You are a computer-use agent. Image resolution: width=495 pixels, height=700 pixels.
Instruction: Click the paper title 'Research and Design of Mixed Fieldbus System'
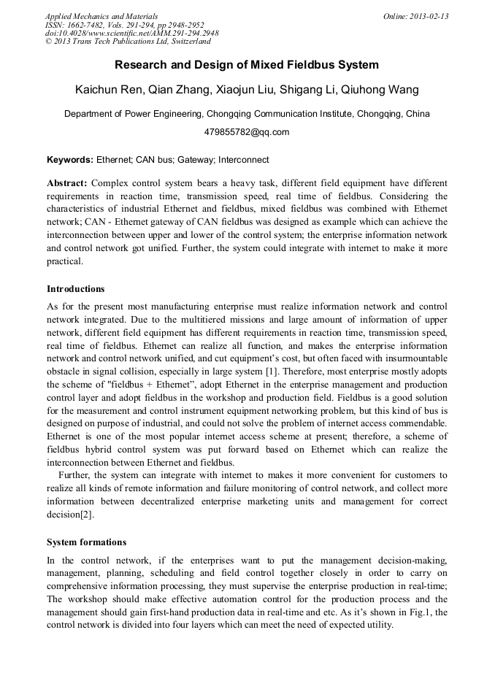247,65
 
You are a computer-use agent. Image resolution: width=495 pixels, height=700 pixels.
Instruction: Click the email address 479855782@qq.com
247,132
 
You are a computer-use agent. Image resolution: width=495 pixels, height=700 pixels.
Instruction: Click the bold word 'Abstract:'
67,182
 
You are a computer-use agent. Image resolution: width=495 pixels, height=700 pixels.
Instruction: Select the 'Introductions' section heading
75,289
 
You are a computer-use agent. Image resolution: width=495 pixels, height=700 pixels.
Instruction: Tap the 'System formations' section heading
86,542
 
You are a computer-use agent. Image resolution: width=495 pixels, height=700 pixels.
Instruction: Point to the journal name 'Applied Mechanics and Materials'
101,16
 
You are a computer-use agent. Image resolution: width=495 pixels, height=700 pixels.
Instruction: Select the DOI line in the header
131,34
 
